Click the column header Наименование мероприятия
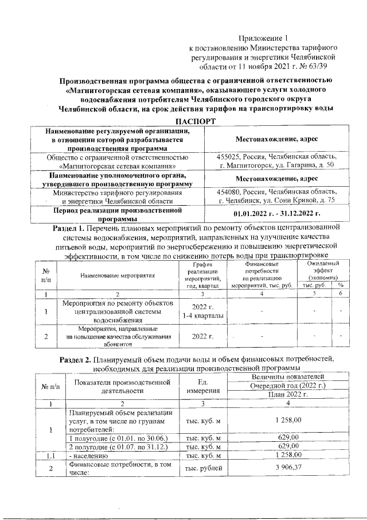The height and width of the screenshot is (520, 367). (x=118, y=275)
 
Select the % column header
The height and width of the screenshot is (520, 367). (x=341, y=286)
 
